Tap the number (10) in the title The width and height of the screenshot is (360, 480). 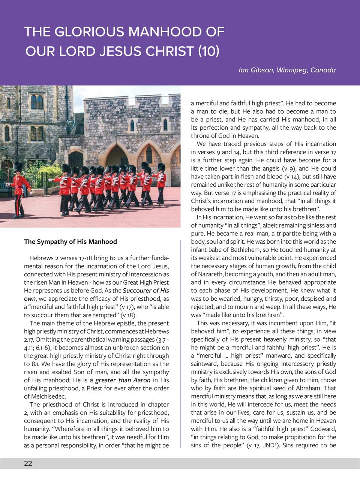pos(209,51)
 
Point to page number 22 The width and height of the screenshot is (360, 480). pos(28,463)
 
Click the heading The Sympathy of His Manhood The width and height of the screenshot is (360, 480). pos(70,242)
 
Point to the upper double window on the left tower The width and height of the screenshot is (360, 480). pos(37,102)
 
